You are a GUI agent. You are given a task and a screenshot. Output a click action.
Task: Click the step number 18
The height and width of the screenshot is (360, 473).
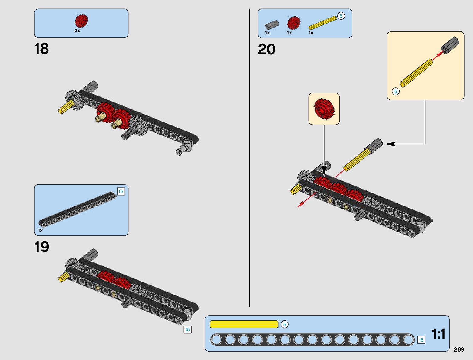[41, 49]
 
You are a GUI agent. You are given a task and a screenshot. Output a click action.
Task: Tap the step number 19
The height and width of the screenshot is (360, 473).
[41, 247]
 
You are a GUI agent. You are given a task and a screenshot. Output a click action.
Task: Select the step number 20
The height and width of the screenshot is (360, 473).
[267, 50]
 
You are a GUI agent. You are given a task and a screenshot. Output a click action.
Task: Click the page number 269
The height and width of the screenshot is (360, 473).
[459, 349]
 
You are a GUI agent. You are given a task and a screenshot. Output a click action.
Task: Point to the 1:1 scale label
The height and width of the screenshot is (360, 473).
[438, 334]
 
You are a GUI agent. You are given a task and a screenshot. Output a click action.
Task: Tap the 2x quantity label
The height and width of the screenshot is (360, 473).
[77, 31]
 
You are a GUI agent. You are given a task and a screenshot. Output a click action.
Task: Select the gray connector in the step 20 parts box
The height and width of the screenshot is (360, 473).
[272, 25]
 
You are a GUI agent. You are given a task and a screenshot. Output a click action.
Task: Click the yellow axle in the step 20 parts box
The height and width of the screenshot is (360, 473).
[322, 23]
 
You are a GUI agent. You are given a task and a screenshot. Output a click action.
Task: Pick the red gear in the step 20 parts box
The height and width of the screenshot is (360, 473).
[294, 23]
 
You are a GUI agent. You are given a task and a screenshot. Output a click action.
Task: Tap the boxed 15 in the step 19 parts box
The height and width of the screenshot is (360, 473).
[121, 191]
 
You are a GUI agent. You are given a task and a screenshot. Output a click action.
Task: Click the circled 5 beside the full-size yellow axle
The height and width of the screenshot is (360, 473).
[284, 324]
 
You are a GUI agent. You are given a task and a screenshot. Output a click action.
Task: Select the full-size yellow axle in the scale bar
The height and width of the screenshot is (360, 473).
[244, 324]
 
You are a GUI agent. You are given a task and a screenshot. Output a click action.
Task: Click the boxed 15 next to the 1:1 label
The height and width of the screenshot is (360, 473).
[421, 340]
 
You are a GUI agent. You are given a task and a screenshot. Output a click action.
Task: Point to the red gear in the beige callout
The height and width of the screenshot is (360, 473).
[324, 109]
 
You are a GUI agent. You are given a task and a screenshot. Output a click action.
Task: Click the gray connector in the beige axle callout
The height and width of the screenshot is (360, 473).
[450, 45]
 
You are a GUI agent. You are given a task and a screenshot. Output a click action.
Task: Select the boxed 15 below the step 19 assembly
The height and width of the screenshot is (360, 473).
[187, 329]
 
